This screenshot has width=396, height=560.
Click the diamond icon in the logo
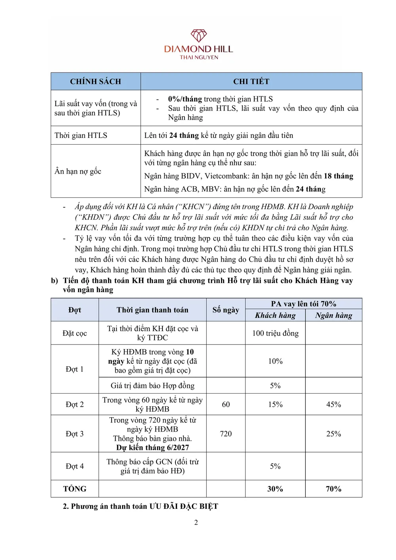pyautogui.click(x=199, y=36)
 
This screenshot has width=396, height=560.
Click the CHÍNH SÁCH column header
pyautogui.click(x=95, y=82)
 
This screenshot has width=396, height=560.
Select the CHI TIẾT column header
pyautogui.click(x=251, y=82)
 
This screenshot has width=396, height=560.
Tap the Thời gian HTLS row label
pyautogui.click(x=81, y=136)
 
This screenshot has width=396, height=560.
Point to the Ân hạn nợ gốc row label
pyautogui.click(x=78, y=171)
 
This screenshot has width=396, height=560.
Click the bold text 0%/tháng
pyautogui.click(x=185, y=99)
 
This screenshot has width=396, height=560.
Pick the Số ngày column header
pyautogui.click(x=226, y=310)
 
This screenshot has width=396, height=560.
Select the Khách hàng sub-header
pyautogui.click(x=275, y=315)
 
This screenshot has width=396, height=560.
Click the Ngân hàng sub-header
pyautogui.click(x=333, y=315)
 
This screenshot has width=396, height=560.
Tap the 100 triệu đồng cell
pyautogui.click(x=275, y=333)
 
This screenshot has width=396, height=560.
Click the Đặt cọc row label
pyautogui.click(x=74, y=333)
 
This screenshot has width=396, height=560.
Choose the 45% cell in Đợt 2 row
pyautogui.click(x=333, y=404)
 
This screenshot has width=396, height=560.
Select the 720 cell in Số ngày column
pyautogui.click(x=226, y=434)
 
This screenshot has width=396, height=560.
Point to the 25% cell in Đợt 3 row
pyautogui.click(x=333, y=434)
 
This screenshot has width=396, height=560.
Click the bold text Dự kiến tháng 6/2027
pyautogui.click(x=152, y=447)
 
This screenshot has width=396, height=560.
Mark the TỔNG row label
pyautogui.click(x=74, y=489)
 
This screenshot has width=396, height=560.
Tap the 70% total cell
pyautogui.click(x=333, y=489)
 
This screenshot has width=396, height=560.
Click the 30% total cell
pyautogui.click(x=275, y=489)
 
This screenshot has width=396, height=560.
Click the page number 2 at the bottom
pyautogui.click(x=196, y=523)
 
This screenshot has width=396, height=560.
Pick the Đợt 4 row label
pyautogui.click(x=74, y=466)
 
